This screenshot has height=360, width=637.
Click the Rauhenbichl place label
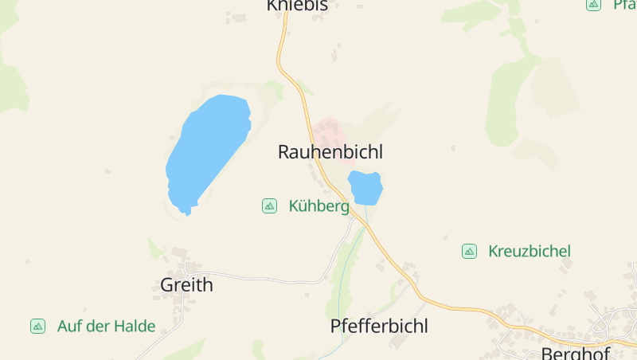click(330, 152)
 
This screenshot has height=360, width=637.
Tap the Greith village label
click(186, 284)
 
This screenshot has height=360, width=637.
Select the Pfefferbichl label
click(379, 326)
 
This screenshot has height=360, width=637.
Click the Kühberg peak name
click(318, 206)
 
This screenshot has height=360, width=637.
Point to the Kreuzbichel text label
click(529, 251)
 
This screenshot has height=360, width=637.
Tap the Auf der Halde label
click(106, 326)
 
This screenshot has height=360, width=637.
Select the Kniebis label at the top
click(297, 6)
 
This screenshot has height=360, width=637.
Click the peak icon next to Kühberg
click(269, 206)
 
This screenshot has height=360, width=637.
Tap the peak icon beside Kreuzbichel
click(469, 251)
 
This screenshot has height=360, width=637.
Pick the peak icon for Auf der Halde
click(37, 326)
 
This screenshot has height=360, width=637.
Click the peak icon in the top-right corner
click(593, 5)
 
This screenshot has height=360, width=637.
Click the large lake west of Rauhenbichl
click(207, 147)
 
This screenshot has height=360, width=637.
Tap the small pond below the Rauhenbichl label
click(365, 188)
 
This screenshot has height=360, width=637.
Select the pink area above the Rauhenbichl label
click(328, 129)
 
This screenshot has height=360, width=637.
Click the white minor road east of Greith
click(263, 279)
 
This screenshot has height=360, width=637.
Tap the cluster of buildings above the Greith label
click(186, 262)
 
